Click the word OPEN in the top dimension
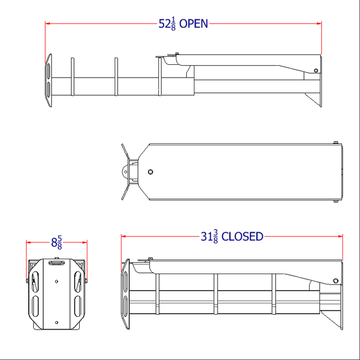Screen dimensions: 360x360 point(194,24)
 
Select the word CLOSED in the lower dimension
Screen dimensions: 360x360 point(242,237)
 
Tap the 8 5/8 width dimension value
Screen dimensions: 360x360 point(57,242)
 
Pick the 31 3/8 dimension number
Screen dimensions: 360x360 point(209,237)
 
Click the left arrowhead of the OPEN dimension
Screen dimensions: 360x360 point(47,23)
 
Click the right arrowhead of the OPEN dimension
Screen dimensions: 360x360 point(319,23)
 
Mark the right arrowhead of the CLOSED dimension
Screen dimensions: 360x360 point(340,237)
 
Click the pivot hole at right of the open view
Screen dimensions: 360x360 point(315,71)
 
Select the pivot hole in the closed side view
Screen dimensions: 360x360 point(336,280)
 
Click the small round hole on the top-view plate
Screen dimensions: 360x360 point(150,172)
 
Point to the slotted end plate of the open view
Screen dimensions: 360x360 point(48,80)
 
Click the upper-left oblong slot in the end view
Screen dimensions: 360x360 point(35,283)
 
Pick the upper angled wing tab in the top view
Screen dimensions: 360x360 point(124,152)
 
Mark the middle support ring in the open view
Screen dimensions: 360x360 point(116,77)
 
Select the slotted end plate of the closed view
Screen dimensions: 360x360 point(125,296)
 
